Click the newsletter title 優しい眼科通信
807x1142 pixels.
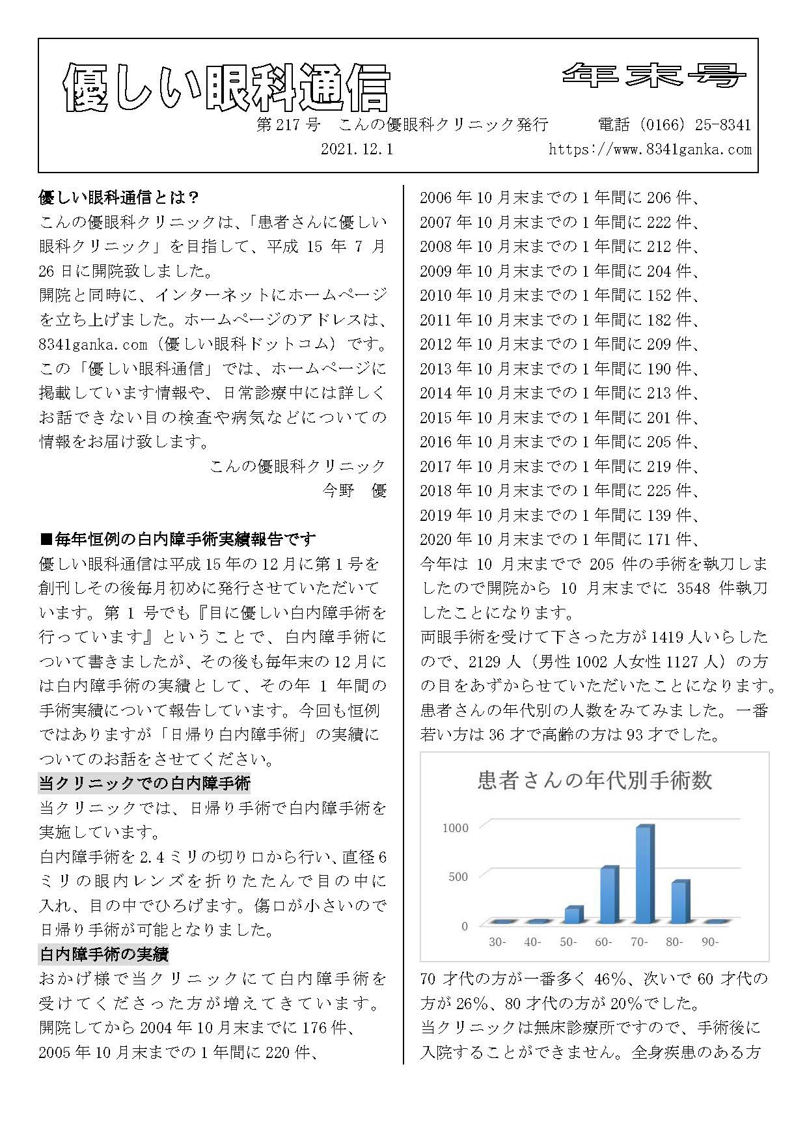(x=226, y=89)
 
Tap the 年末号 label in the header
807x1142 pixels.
(x=653, y=76)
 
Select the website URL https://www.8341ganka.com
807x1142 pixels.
(x=650, y=149)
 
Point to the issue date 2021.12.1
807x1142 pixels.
(x=357, y=149)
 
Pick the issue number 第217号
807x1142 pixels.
(x=288, y=124)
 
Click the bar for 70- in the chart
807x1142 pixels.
(x=644, y=874)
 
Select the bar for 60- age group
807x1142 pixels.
(x=609, y=895)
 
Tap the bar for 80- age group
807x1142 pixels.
(x=680, y=902)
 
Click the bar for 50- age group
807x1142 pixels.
(x=573, y=914)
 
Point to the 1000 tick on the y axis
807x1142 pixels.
(x=455, y=828)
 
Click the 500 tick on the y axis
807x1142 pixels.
(x=458, y=876)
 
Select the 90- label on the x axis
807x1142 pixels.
(x=709, y=941)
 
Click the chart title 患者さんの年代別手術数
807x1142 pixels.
(x=595, y=779)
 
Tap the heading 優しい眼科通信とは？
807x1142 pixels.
(x=119, y=197)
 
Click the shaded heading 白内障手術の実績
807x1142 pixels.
(x=104, y=954)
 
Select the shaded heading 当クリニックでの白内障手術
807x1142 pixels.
(x=144, y=783)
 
